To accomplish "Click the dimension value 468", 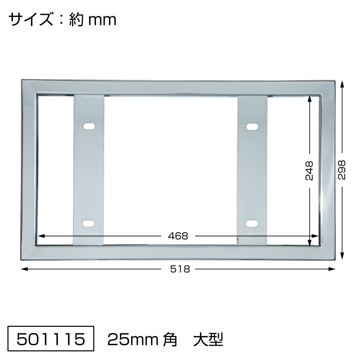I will [x=178, y=236].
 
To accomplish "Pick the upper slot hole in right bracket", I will [x=252, y=126].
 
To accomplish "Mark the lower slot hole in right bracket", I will [x=252, y=224].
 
